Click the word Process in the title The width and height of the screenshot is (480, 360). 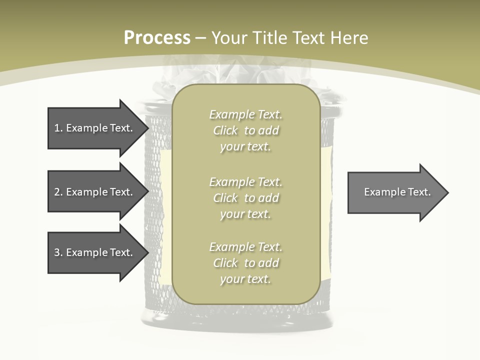click(157, 38)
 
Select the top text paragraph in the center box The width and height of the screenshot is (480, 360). click(245, 130)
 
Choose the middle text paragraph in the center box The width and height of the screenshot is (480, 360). click(245, 198)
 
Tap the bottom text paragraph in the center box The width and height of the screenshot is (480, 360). click(245, 263)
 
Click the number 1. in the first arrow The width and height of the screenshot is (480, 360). click(58, 128)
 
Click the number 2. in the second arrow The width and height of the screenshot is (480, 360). click(58, 192)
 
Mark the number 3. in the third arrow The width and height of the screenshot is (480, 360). click(58, 252)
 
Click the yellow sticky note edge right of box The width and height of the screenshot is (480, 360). click(326, 200)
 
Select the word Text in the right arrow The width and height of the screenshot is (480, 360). click(419, 192)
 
